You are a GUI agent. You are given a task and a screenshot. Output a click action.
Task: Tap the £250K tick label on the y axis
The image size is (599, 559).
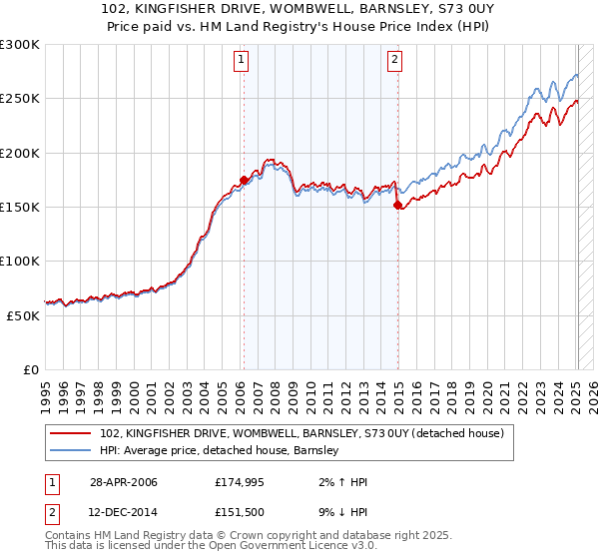pyautogui.click(x=20, y=99)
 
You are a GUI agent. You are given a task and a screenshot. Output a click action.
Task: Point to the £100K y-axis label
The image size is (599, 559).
pyautogui.click(x=20, y=261)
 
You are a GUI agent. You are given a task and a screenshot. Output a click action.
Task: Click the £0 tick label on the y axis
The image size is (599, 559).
pyautogui.click(x=30, y=369)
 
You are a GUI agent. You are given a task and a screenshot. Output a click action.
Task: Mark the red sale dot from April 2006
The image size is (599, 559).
pyautogui.click(x=244, y=181)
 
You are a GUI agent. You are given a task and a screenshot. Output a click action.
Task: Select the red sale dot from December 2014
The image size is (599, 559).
pyautogui.click(x=397, y=206)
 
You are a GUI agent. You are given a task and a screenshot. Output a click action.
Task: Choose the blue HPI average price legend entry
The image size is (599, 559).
pyautogui.click(x=220, y=451)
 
